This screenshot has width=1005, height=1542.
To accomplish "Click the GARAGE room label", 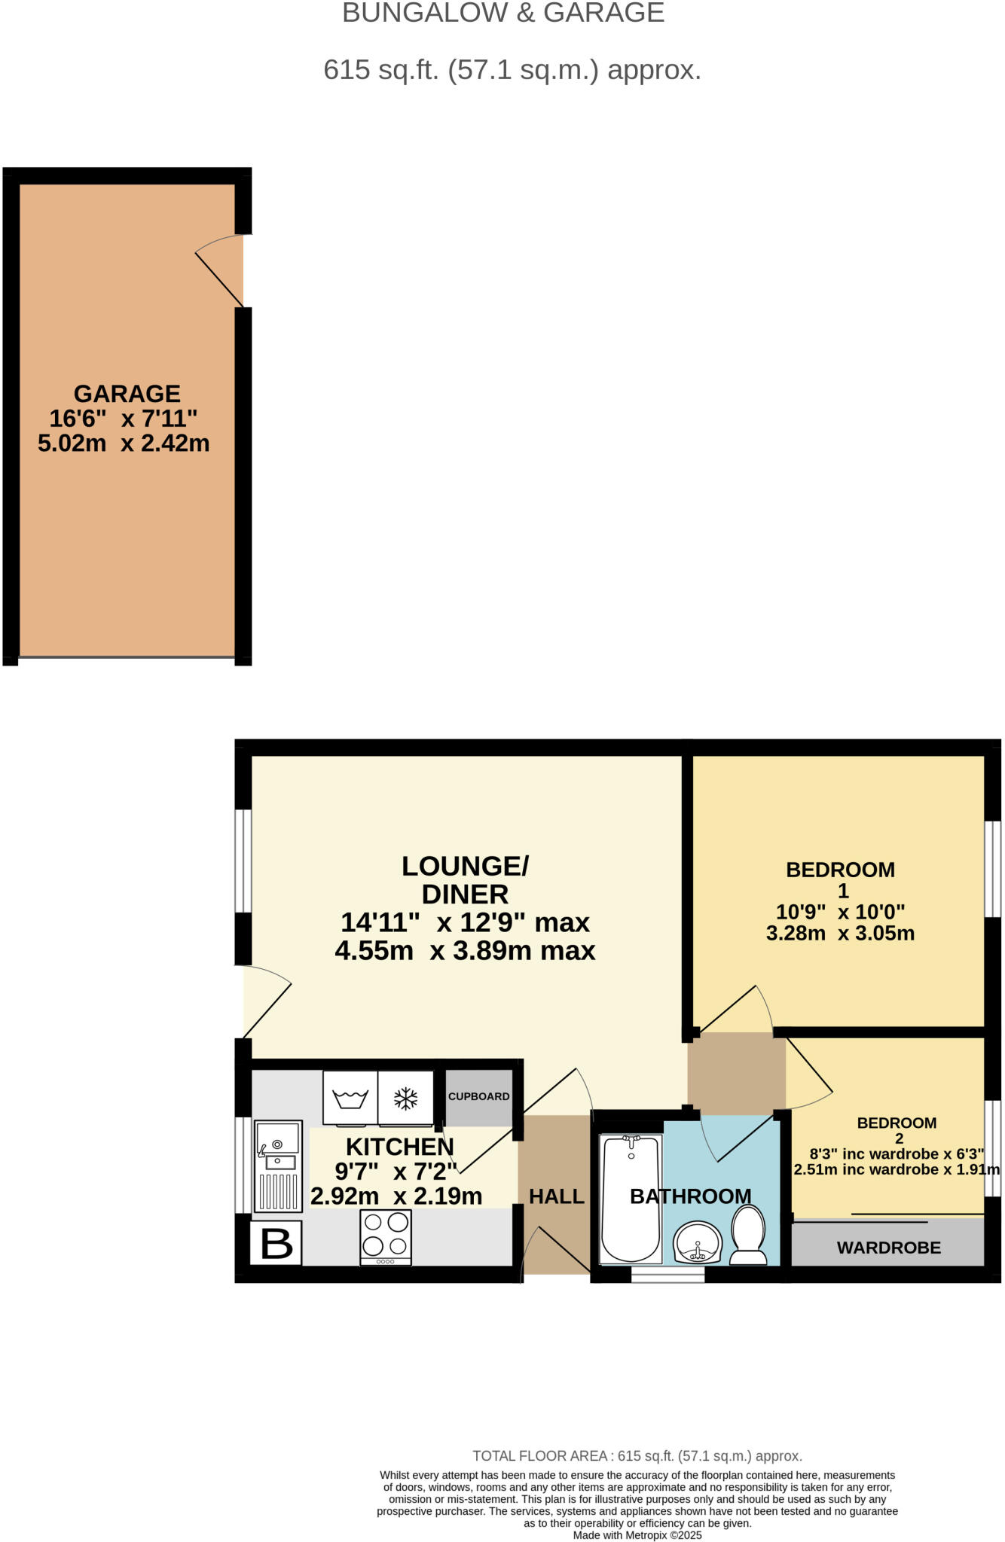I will point(127,394).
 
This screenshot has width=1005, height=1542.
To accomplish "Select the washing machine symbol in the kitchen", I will point(350,1099).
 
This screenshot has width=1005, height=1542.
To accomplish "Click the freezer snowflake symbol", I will point(406,1099).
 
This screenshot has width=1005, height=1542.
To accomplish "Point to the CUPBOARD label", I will point(478,1096).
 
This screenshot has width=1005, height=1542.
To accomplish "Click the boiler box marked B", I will point(276,1244).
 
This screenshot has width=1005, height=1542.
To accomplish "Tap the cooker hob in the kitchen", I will point(386,1237).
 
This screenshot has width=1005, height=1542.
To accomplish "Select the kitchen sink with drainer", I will point(278,1166).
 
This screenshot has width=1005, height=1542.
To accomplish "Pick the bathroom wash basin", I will point(698,1242).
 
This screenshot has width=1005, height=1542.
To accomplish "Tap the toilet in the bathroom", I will point(748,1235).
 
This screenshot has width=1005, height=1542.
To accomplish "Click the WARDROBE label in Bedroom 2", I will point(888,1248).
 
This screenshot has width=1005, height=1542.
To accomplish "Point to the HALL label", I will point(557,1196).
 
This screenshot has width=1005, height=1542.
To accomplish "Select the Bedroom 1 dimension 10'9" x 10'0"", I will point(840,912).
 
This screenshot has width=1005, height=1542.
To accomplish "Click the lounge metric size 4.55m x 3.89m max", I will point(465,951).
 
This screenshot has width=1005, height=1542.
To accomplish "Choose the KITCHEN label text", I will point(400,1147).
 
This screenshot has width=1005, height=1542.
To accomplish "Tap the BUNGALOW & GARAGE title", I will point(503,13).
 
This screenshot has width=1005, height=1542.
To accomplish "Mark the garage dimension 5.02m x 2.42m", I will point(124,443).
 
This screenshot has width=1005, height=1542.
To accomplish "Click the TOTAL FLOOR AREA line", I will point(637,1456).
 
